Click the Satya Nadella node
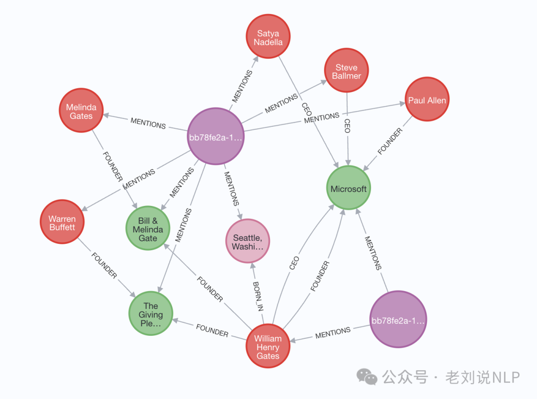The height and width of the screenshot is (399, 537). point(268,36)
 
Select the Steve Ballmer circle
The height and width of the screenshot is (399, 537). point(347,71)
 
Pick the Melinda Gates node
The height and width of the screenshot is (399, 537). point(81,110)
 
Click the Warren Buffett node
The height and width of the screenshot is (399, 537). point(62,222)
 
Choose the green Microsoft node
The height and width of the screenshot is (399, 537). point(349,188)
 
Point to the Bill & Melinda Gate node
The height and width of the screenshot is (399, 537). point(148,228)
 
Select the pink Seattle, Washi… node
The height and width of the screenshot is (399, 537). point(248,241)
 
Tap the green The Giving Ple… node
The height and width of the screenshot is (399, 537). point(151,313)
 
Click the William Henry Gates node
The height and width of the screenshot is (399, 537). point(268,346)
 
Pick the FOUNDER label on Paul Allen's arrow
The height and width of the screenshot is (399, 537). point(390,141)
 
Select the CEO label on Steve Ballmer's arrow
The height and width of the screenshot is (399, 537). point(347,126)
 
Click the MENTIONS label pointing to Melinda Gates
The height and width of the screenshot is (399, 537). point(148,123)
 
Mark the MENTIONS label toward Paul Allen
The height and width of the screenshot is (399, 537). point(322,118)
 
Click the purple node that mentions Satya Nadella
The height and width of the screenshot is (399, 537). point(215,136)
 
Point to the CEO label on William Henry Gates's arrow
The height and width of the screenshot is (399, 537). point(294,263)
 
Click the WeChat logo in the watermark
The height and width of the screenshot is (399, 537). point(368,377)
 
